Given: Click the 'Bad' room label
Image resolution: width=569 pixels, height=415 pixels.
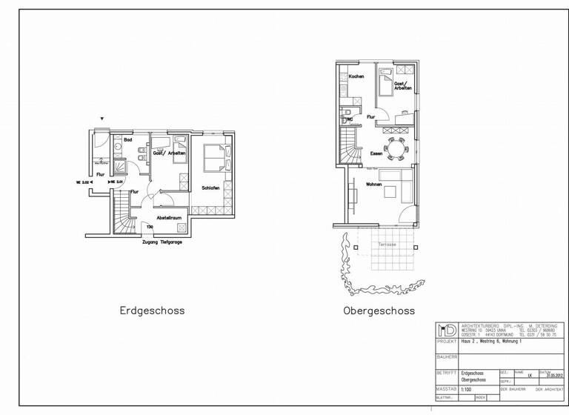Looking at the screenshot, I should click(x=127, y=140).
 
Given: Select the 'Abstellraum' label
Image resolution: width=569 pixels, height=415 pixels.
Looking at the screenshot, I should click(x=169, y=217).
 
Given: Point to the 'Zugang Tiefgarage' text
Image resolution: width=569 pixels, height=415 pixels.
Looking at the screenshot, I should click(x=162, y=242).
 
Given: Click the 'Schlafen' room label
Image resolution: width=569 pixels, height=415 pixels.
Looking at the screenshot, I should click(x=210, y=188).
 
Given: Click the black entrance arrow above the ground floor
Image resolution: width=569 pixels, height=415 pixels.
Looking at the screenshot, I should click(x=102, y=119).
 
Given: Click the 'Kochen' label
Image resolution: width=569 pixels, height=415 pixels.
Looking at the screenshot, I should click(x=356, y=77).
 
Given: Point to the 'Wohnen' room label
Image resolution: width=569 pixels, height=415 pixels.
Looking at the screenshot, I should click(x=373, y=184).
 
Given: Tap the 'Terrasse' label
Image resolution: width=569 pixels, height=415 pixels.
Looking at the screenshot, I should click(x=387, y=245).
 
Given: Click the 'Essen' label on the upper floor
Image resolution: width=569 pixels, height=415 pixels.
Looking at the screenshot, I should click(x=376, y=153).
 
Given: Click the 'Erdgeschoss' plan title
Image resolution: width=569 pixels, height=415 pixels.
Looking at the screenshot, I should click(x=152, y=311).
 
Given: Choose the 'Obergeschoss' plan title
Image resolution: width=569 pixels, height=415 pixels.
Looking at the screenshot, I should click(x=379, y=311).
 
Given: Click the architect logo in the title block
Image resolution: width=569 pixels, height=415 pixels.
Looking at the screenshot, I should click(x=447, y=331).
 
